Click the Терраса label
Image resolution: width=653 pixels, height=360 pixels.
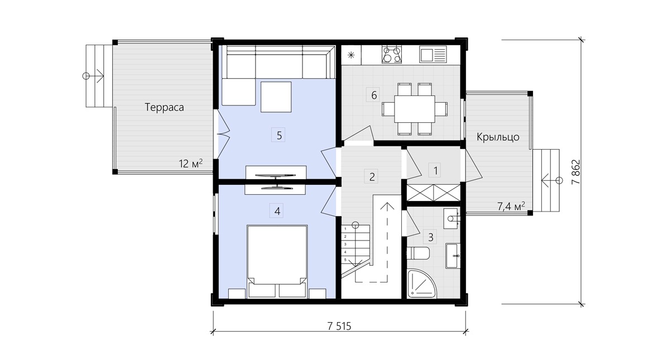tap(164, 107)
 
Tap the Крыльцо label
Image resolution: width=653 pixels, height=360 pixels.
tap(498, 137)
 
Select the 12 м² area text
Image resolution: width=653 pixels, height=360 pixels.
tap(191, 164)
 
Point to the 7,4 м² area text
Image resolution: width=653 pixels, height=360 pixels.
tap(511, 206)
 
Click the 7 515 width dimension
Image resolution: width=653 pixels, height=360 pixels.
tap(339, 326)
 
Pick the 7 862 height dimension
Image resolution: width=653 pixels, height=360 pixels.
tap(576, 172)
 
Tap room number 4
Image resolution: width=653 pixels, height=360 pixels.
tap(277, 211)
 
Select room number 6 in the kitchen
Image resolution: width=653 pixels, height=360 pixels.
tap(374, 95)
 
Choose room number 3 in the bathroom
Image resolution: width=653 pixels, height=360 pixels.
tap(431, 237)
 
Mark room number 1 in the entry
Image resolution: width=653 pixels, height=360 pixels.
tap(435, 170)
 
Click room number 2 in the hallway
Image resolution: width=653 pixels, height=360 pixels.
tap(372, 177)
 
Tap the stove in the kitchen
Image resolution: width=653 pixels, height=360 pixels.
tap(392, 54)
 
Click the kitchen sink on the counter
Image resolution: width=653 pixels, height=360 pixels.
tap(433, 55)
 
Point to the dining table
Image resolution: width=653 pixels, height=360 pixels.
tap(414, 109)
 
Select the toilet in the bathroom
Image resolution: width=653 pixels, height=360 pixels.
tap(417, 252)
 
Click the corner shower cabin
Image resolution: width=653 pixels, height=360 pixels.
tap(421, 284)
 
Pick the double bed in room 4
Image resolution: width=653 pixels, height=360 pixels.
tap(277, 262)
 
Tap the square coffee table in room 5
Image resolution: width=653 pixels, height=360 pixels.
tap(276, 97)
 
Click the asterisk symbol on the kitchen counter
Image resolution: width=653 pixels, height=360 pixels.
tap(351, 55)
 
